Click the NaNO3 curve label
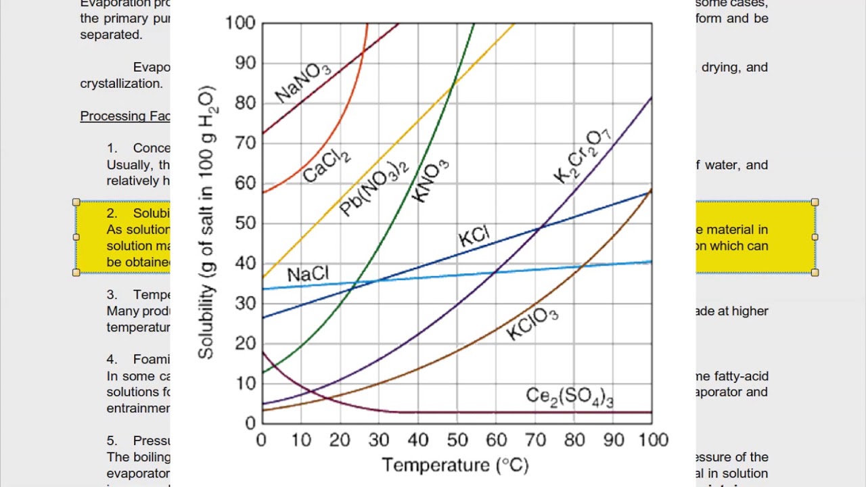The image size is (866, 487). tap(303, 83)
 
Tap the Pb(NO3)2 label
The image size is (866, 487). tap(374, 187)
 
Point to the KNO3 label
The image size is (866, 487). tap(430, 181)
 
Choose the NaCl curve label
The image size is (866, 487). tap(308, 274)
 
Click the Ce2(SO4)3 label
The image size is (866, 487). tap(570, 396)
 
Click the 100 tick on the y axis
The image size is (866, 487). tap(240, 23)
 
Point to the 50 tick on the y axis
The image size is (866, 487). tap(245, 223)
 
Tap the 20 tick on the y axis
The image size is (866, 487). tap(245, 344)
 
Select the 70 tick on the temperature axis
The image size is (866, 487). tap(535, 440)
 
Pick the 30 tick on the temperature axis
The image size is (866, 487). tap(379, 440)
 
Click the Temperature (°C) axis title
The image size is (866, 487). tap(455, 465)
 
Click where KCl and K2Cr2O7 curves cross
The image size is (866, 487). tap(540, 229)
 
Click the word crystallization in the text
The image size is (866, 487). tap(121, 84)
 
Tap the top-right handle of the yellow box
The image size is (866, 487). tap(815, 202)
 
